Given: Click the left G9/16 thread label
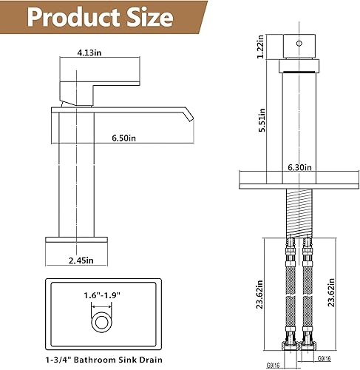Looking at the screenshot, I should [x=273, y=363].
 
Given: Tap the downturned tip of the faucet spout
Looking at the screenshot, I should [x=189, y=116].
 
